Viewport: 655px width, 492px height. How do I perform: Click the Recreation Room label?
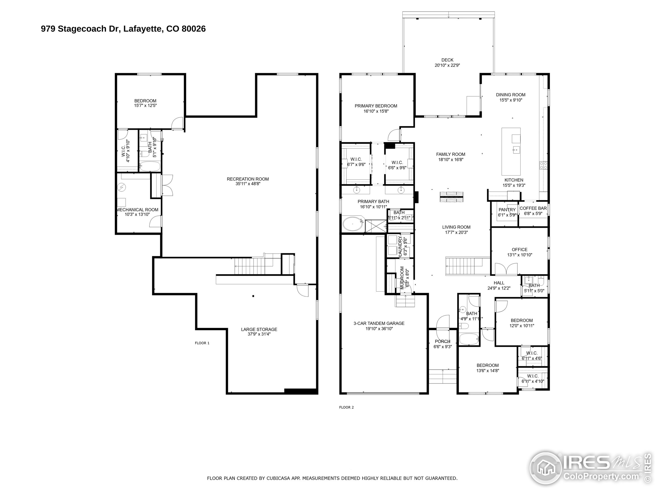tap(248, 179)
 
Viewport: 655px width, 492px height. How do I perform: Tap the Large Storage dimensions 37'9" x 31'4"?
tap(259, 334)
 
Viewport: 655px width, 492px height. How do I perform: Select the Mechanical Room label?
tap(137, 210)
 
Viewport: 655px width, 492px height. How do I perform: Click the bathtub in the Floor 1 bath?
tap(149, 166)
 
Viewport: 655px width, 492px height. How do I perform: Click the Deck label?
tap(447, 60)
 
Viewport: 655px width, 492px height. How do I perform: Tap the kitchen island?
tap(511, 151)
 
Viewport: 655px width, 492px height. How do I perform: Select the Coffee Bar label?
tap(533, 208)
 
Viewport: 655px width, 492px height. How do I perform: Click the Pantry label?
tap(507, 210)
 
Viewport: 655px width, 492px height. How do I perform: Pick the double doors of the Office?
tap(507, 269)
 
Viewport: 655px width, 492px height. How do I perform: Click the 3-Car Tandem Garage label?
tap(379, 323)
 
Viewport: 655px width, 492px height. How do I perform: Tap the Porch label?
tap(442, 341)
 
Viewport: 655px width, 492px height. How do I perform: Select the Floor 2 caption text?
tap(346, 407)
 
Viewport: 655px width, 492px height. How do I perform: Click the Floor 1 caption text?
tap(202, 343)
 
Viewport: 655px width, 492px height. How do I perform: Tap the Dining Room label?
tap(510, 95)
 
